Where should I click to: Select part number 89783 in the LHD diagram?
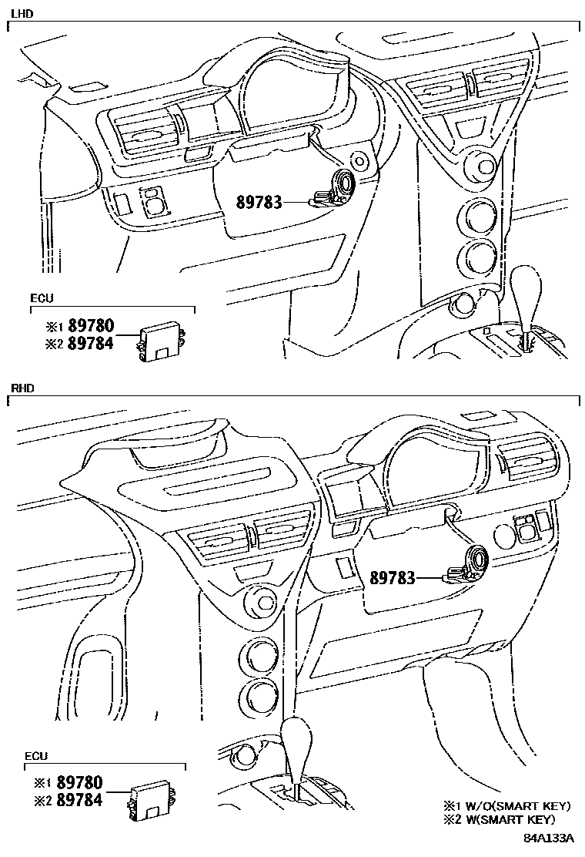pyautogui.click(x=259, y=202)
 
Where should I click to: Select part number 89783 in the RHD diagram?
pyautogui.click(x=393, y=577)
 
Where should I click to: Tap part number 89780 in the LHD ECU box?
pyautogui.click(x=91, y=326)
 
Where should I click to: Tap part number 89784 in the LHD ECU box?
pyautogui.click(x=91, y=343)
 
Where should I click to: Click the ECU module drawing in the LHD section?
pyautogui.click(x=162, y=341)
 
